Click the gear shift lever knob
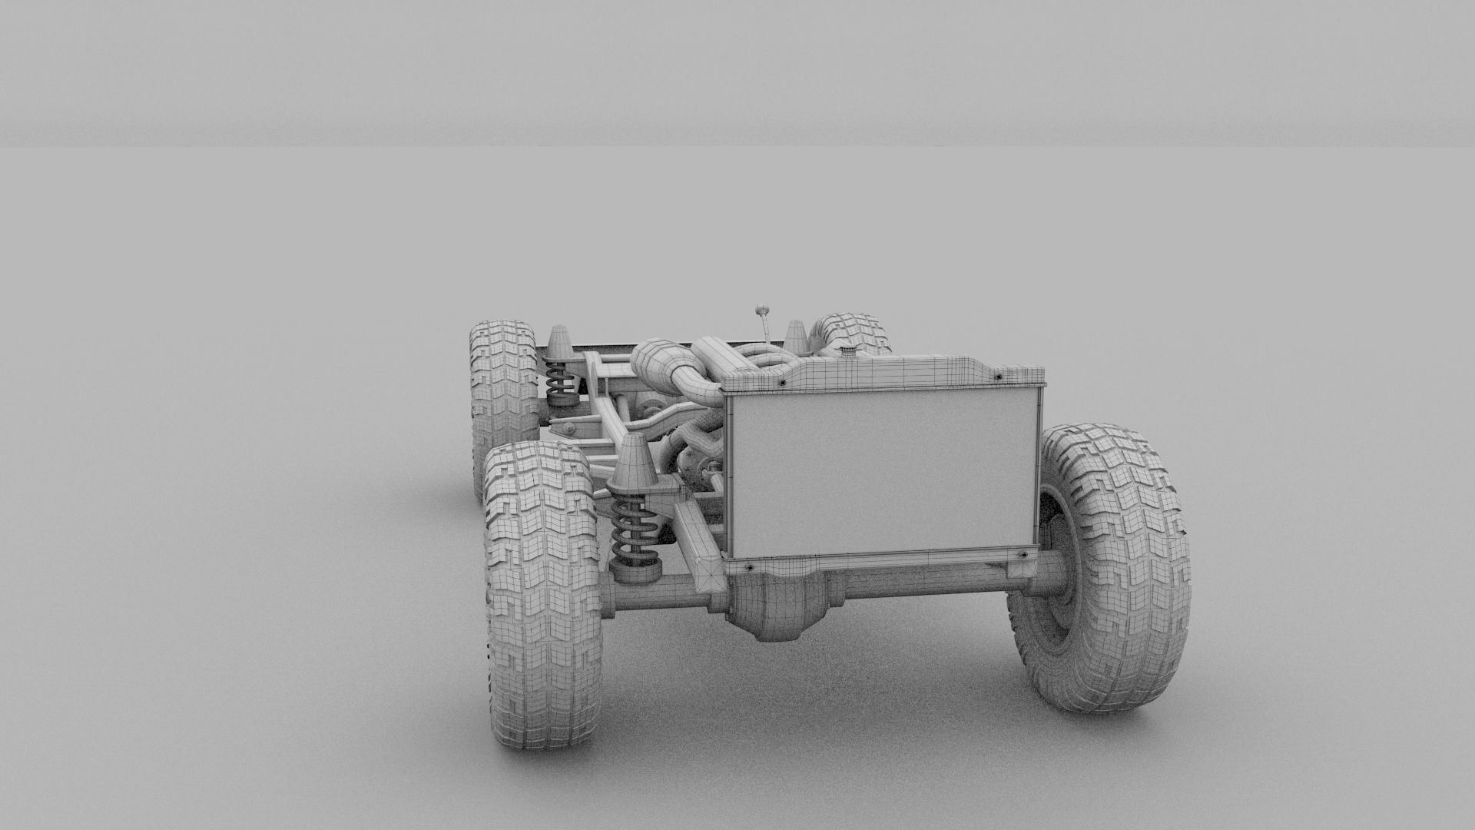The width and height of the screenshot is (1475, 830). click(x=763, y=310)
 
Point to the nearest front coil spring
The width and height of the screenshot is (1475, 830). click(x=633, y=530)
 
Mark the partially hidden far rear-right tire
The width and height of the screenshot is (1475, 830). click(x=853, y=330)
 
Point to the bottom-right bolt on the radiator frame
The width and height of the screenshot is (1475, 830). click(x=1022, y=553)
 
